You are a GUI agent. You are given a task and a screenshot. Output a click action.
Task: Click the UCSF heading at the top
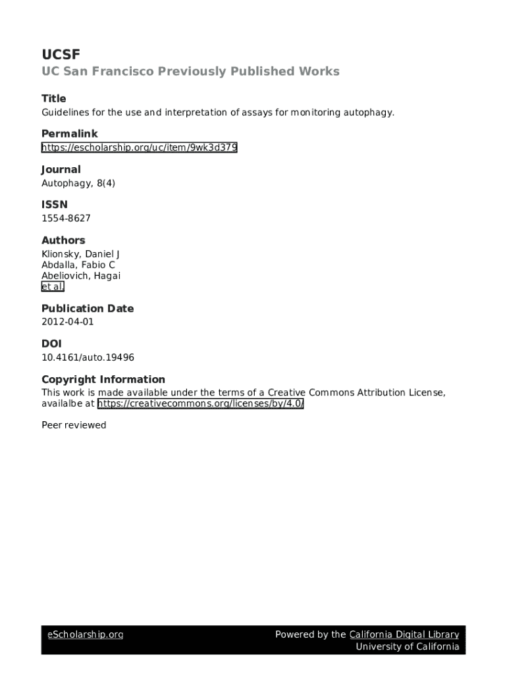pos(61,55)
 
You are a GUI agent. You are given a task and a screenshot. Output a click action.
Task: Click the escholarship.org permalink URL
pos(139,147)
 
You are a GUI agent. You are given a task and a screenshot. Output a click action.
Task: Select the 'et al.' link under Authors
pos(53,287)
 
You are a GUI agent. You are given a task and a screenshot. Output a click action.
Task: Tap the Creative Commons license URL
pos(200,404)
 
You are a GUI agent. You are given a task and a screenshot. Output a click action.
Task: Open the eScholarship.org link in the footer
pos(85,635)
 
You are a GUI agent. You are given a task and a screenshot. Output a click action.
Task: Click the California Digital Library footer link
pos(404,635)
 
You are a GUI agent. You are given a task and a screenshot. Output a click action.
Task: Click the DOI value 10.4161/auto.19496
pos(88,357)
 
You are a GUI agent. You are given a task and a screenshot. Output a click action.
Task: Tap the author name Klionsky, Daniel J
pos(80,254)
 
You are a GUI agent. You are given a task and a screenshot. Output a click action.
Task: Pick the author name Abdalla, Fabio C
pos(78,265)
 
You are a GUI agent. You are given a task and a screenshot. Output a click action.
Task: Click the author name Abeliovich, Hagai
pos(81,276)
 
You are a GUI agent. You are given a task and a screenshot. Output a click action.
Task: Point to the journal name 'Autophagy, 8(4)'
pos(78,183)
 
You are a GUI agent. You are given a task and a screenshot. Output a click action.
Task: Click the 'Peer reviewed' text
pos(74,425)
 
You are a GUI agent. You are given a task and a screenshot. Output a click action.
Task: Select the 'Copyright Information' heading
pos(103,379)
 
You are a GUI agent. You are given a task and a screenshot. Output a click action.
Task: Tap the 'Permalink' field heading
pos(69,134)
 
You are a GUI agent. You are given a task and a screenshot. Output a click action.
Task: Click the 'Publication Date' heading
pos(88,308)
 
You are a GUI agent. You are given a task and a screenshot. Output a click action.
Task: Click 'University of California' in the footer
pos(408,646)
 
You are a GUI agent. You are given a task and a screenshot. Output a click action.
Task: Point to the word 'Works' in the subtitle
pos(319,71)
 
